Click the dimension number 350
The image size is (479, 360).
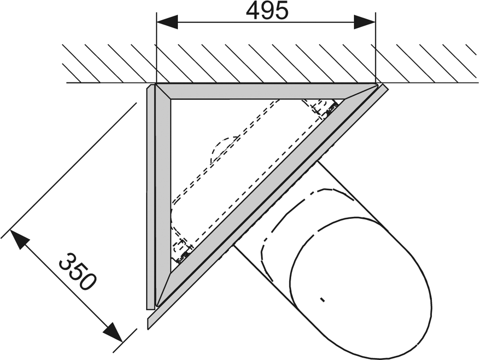[76, 271]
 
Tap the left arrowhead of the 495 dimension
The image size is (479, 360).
[167, 22]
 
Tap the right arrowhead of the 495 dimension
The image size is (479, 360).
[364, 22]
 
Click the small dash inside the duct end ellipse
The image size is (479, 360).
[322, 299]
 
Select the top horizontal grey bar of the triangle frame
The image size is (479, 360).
[266, 91]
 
